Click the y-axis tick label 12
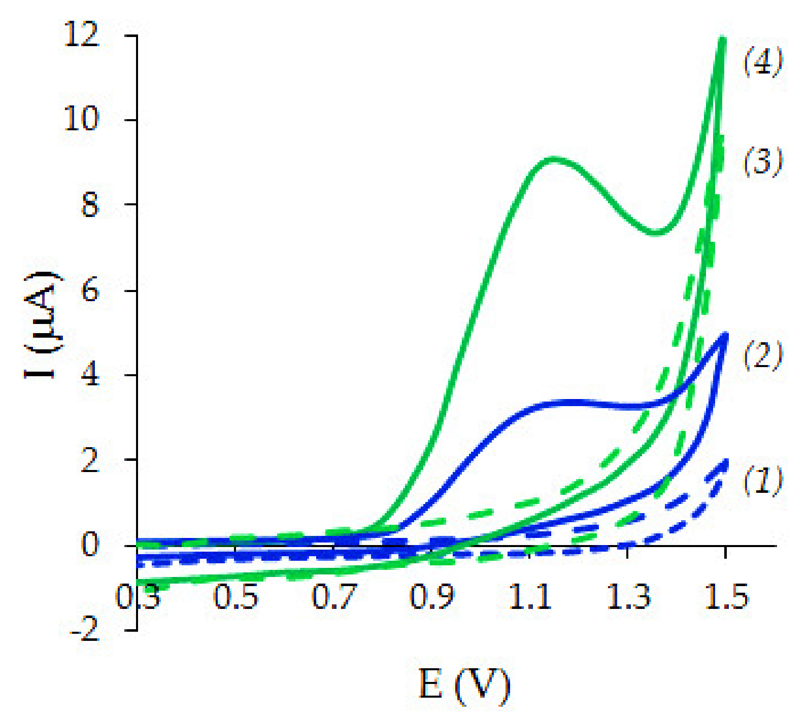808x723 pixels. point(81,37)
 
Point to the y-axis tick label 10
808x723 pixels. point(81,120)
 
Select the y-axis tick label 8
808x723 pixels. point(89,205)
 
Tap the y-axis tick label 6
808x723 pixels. point(89,291)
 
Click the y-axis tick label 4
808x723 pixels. point(89,376)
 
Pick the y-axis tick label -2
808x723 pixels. point(84,631)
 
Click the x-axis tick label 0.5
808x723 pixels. point(235,597)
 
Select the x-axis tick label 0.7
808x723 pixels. point(334,597)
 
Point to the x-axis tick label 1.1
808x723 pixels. point(530,597)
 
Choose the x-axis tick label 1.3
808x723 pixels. point(628,597)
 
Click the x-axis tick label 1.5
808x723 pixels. point(727,597)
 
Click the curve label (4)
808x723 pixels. point(763,62)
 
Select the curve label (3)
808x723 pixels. point(763,162)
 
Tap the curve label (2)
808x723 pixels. point(763,355)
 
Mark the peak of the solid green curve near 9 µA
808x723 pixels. point(554,160)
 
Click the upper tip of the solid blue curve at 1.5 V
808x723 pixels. point(725,335)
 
